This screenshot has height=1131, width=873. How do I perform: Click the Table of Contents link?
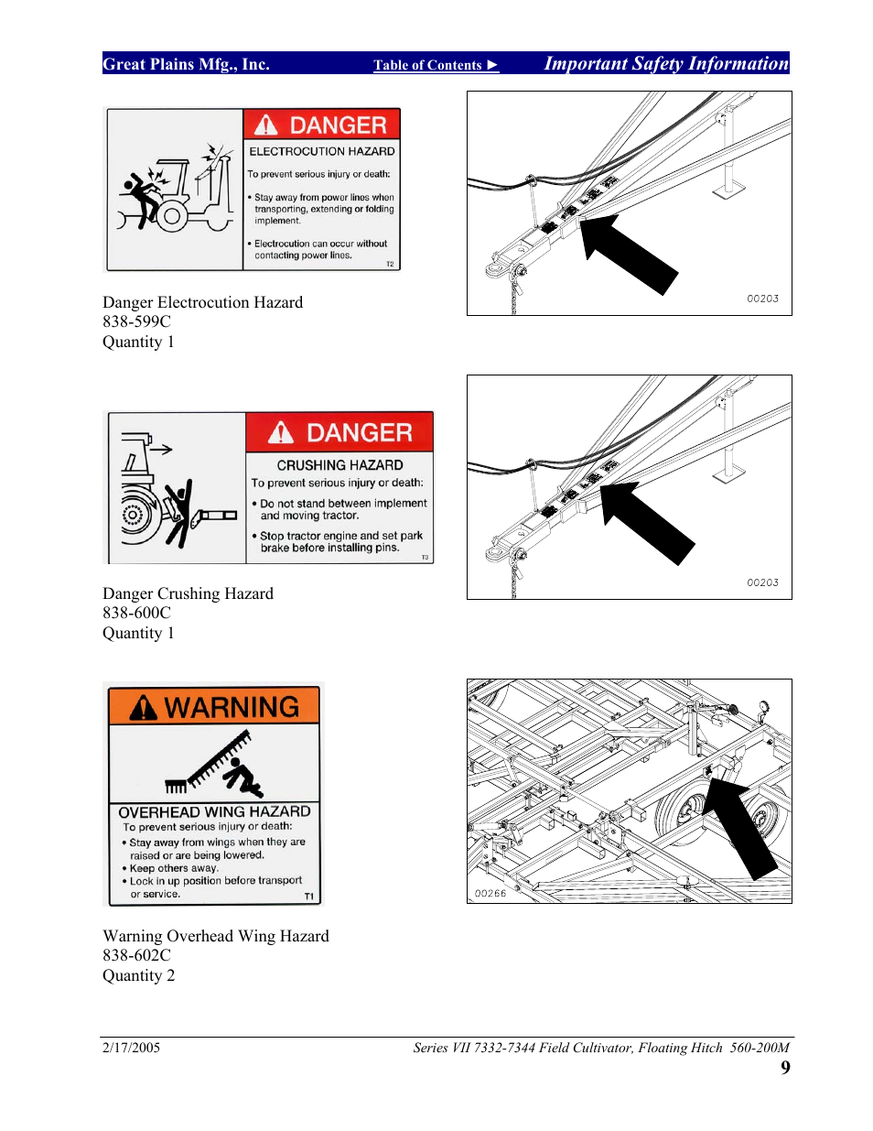coord(435,65)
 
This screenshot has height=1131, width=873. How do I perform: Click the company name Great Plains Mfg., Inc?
coord(186,64)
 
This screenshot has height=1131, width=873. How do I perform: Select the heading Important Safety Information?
coord(665,63)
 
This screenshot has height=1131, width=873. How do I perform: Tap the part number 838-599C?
coord(136,321)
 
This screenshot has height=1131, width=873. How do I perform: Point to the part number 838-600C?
coord(136,613)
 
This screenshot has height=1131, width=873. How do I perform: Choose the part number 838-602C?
coord(136,955)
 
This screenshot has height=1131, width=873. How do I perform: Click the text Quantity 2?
coord(138,975)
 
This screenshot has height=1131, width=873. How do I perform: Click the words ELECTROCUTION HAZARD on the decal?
coord(322,151)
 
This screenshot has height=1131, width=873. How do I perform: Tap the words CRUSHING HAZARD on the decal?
coord(339,465)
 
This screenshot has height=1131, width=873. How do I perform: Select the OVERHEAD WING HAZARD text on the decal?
coord(214,811)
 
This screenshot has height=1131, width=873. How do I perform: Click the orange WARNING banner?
coord(214,706)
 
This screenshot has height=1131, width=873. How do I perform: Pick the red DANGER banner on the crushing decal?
coord(339,432)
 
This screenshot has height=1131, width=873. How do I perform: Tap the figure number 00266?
coord(490,893)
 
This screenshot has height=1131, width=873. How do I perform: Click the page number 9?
coord(785,1068)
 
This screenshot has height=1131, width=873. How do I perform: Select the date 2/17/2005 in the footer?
coord(131,1048)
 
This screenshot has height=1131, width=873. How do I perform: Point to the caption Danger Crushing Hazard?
coord(188,593)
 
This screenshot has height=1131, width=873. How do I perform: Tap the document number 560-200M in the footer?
coord(760,1048)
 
